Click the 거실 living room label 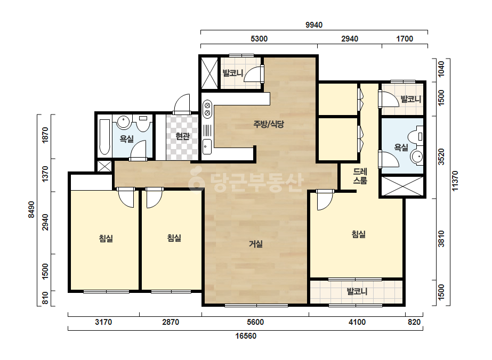click(x=256, y=244)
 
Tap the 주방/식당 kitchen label click(x=269, y=124)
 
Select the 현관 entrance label click(x=182, y=136)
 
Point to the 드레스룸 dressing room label click(x=360, y=176)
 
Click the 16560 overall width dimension click(x=246, y=336)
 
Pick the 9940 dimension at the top click(x=314, y=25)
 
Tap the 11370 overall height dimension click(x=455, y=181)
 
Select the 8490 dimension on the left click(x=31, y=209)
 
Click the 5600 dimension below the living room click(x=255, y=322)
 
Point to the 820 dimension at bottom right click(x=414, y=322)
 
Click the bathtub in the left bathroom click(x=104, y=137)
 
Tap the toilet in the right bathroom click(x=416, y=136)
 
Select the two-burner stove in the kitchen click(x=207, y=109)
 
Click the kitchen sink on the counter click(x=207, y=146)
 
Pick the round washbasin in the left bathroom click(x=123, y=122)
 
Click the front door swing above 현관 click(x=182, y=104)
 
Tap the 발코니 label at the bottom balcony click(x=357, y=291)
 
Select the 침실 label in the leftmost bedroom click(x=106, y=239)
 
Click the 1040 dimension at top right click(x=441, y=69)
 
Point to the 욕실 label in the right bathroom click(x=401, y=147)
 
